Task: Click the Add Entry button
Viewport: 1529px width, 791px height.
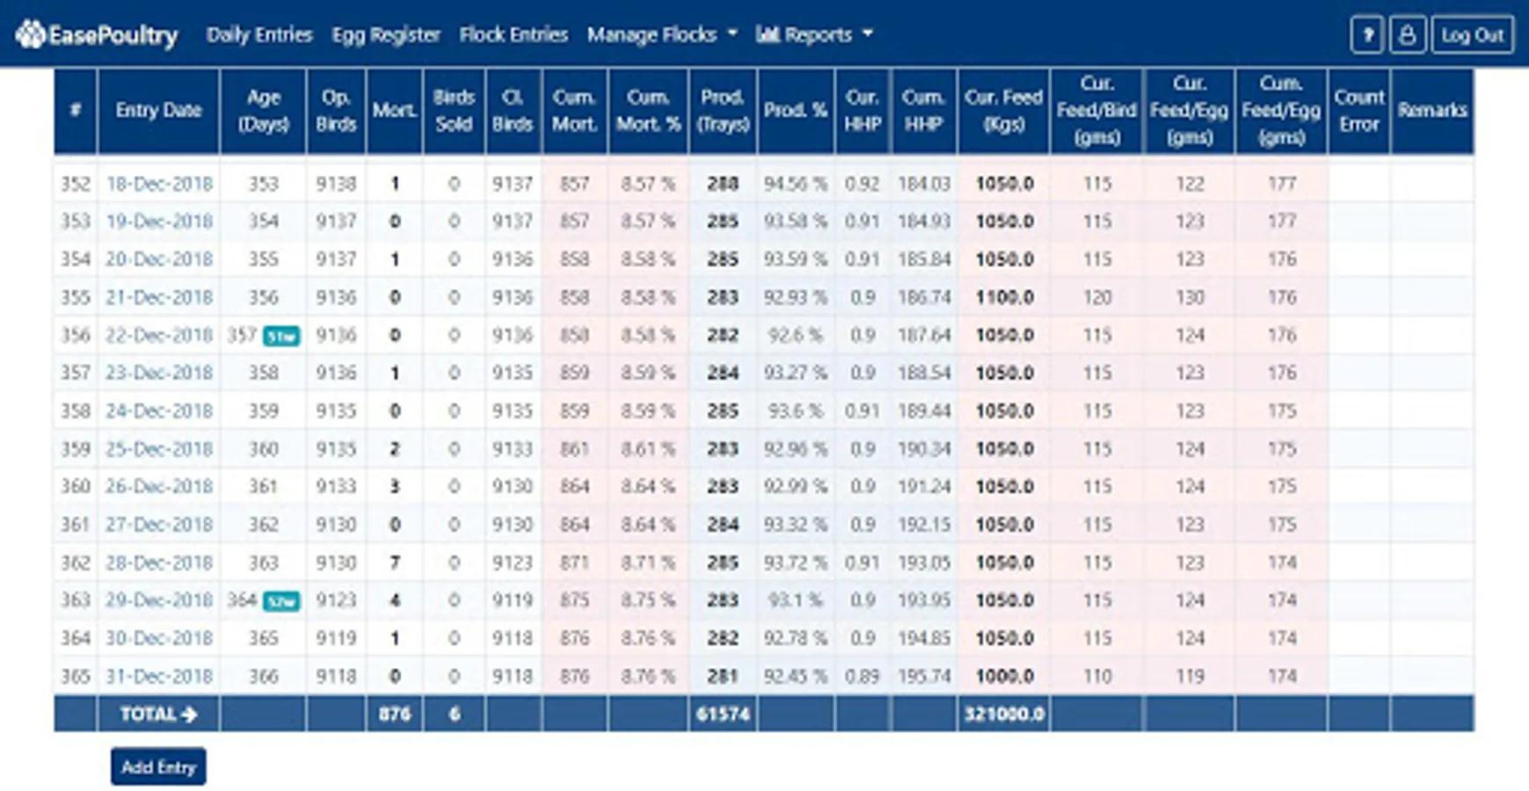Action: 158,767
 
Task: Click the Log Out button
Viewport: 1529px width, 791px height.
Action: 1472,35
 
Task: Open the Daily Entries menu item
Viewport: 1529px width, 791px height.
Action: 259,35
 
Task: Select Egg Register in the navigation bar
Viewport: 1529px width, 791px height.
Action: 386,35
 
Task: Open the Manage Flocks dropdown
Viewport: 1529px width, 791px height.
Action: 662,35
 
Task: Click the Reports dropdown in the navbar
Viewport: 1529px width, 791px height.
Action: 814,35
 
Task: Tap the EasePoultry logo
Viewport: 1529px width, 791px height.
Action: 97,35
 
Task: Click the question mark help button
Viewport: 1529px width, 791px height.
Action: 1367,35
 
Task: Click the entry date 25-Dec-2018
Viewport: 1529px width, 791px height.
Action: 159,449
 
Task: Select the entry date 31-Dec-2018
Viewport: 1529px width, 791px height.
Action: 159,676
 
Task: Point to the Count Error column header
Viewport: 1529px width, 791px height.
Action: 1358,111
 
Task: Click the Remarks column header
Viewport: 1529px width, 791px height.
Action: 1432,111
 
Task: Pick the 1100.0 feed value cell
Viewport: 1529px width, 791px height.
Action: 1004,298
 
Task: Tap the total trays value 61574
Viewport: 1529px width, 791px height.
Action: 723,715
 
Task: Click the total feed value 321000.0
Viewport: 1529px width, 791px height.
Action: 1004,715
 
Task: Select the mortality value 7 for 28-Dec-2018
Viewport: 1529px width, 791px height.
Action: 395,562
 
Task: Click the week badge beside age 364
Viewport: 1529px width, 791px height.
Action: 281,601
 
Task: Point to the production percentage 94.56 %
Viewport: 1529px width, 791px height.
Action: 795,185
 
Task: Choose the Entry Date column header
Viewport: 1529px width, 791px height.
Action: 158,111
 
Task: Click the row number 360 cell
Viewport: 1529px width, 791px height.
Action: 76,487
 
